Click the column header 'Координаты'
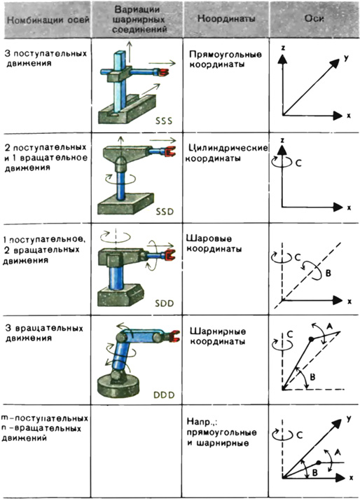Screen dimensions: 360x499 tap(226, 19)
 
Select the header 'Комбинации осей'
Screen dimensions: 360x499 tap(48, 21)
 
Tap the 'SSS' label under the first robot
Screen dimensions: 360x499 tap(164, 121)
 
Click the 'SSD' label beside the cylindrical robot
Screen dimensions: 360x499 tap(165, 212)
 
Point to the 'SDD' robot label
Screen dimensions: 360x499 tap(165, 303)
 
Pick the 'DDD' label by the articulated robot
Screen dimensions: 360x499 tap(164, 395)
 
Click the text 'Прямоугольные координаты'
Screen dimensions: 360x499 tap(226, 59)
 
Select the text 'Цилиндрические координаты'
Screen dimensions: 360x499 tap(227, 153)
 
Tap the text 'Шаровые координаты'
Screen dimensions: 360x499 tap(214, 243)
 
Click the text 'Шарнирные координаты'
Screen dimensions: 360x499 tap(218, 336)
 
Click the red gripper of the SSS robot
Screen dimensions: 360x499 tap(163, 73)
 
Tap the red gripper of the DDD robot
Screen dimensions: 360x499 tap(174, 336)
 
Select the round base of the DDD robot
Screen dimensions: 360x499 tap(118, 386)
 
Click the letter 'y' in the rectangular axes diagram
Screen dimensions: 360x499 tap(346, 58)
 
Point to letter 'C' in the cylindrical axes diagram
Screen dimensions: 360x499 tap(298, 163)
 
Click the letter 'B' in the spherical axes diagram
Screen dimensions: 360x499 tap(328, 273)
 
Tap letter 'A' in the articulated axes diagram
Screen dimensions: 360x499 tap(329, 326)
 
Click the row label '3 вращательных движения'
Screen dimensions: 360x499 tap(44, 333)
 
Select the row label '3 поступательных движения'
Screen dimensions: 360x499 tap(46, 58)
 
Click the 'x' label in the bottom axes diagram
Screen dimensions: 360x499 tap(351, 478)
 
